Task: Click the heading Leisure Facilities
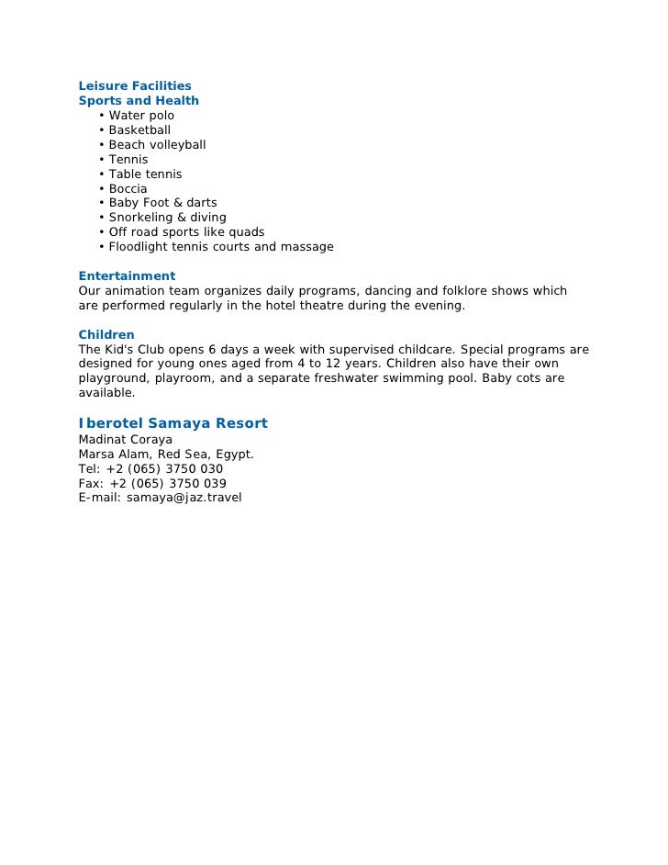(135, 86)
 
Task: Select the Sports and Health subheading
(139, 101)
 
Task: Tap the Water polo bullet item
(141, 116)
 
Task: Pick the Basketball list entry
(139, 130)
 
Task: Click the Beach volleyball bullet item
(157, 145)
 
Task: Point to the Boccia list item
(128, 189)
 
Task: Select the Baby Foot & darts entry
(162, 203)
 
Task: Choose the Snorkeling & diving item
(167, 218)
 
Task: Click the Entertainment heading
(127, 276)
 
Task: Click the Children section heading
(106, 335)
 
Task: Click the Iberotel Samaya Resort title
(173, 423)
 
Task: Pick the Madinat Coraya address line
(126, 440)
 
